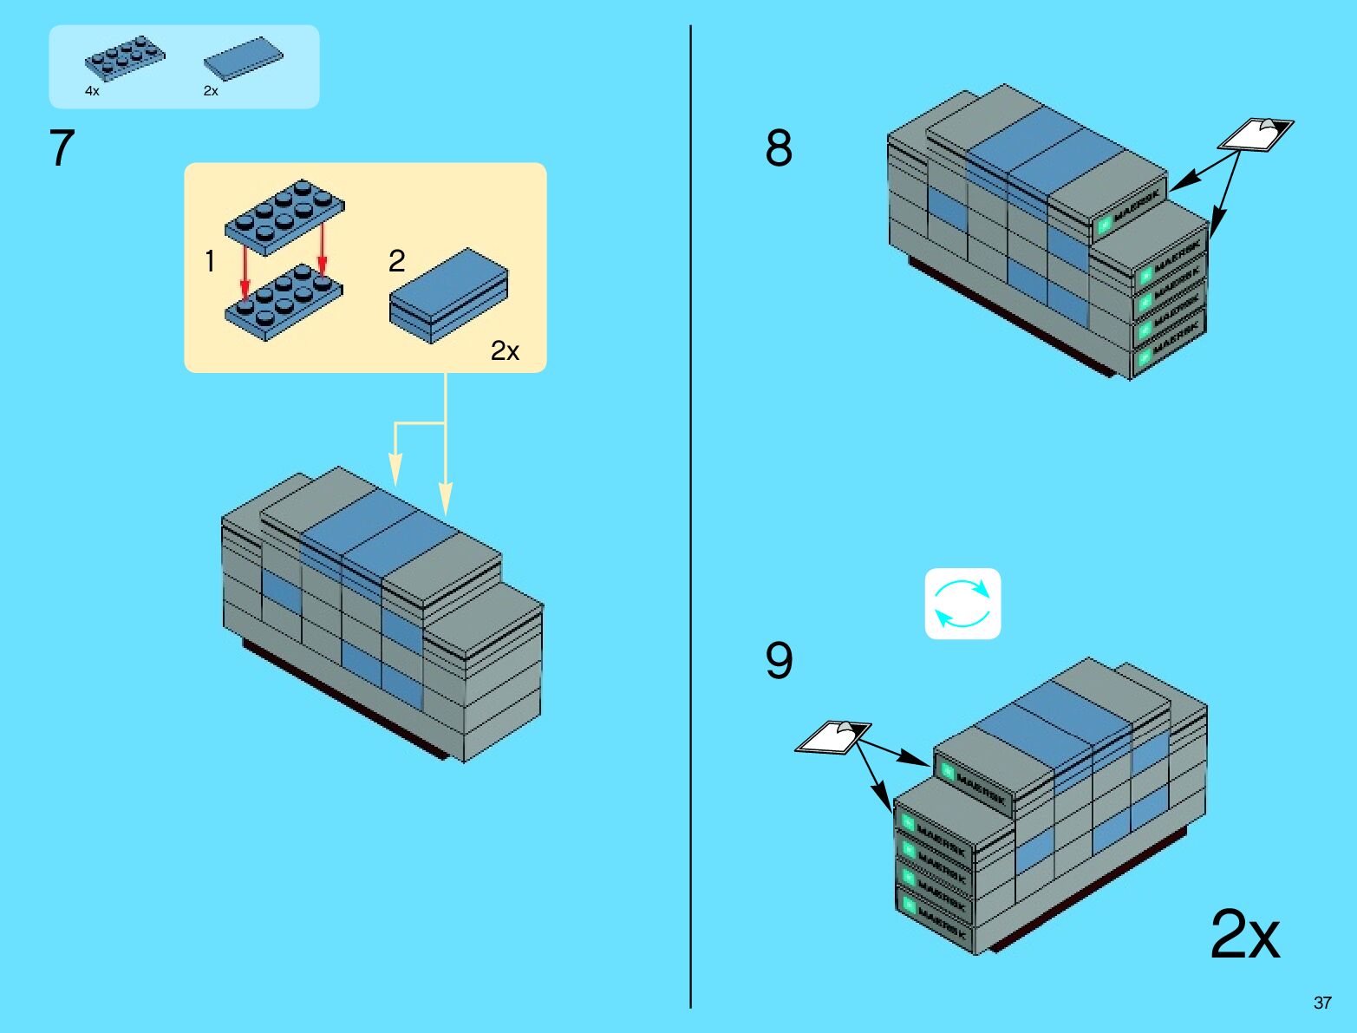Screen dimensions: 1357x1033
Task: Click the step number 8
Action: point(778,147)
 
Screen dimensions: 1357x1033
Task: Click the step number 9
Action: point(778,660)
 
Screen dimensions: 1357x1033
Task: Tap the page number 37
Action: point(1321,1003)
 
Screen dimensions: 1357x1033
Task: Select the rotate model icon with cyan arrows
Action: point(962,604)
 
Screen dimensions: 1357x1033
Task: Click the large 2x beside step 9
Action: point(1244,934)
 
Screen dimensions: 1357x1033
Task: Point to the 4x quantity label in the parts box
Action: point(92,91)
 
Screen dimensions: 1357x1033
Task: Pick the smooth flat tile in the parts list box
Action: point(243,59)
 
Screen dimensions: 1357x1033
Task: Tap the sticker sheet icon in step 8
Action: point(1256,134)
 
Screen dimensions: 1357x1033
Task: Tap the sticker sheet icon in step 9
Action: point(832,737)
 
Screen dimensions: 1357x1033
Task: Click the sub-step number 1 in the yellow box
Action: point(209,260)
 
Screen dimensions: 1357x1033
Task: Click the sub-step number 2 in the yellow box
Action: point(396,260)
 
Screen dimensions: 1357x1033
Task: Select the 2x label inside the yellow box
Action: point(505,350)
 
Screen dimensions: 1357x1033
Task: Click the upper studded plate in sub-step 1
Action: point(284,212)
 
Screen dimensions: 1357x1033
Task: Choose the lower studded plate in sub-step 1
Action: point(284,302)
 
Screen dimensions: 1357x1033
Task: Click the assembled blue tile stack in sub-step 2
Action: point(448,295)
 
